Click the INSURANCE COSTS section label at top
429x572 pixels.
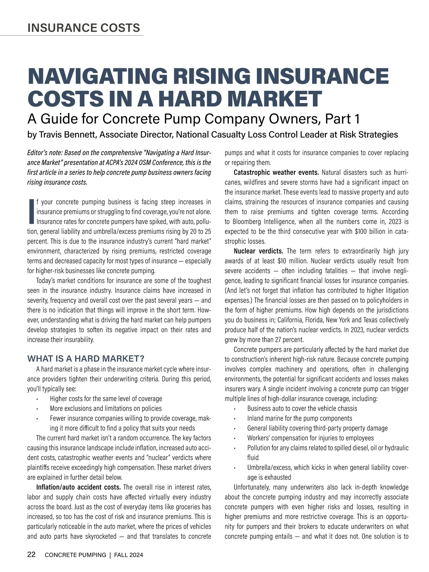[x=84, y=28]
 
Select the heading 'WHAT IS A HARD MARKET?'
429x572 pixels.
[x=85, y=359]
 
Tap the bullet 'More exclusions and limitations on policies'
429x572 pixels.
[x=105, y=408]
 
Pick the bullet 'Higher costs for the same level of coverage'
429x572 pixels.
[x=106, y=398]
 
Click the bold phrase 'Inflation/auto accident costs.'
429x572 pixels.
[x=79, y=487]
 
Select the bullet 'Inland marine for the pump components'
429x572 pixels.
[x=300, y=418]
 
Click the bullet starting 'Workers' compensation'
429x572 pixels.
[x=310, y=438]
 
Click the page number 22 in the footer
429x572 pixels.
[x=31, y=555]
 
